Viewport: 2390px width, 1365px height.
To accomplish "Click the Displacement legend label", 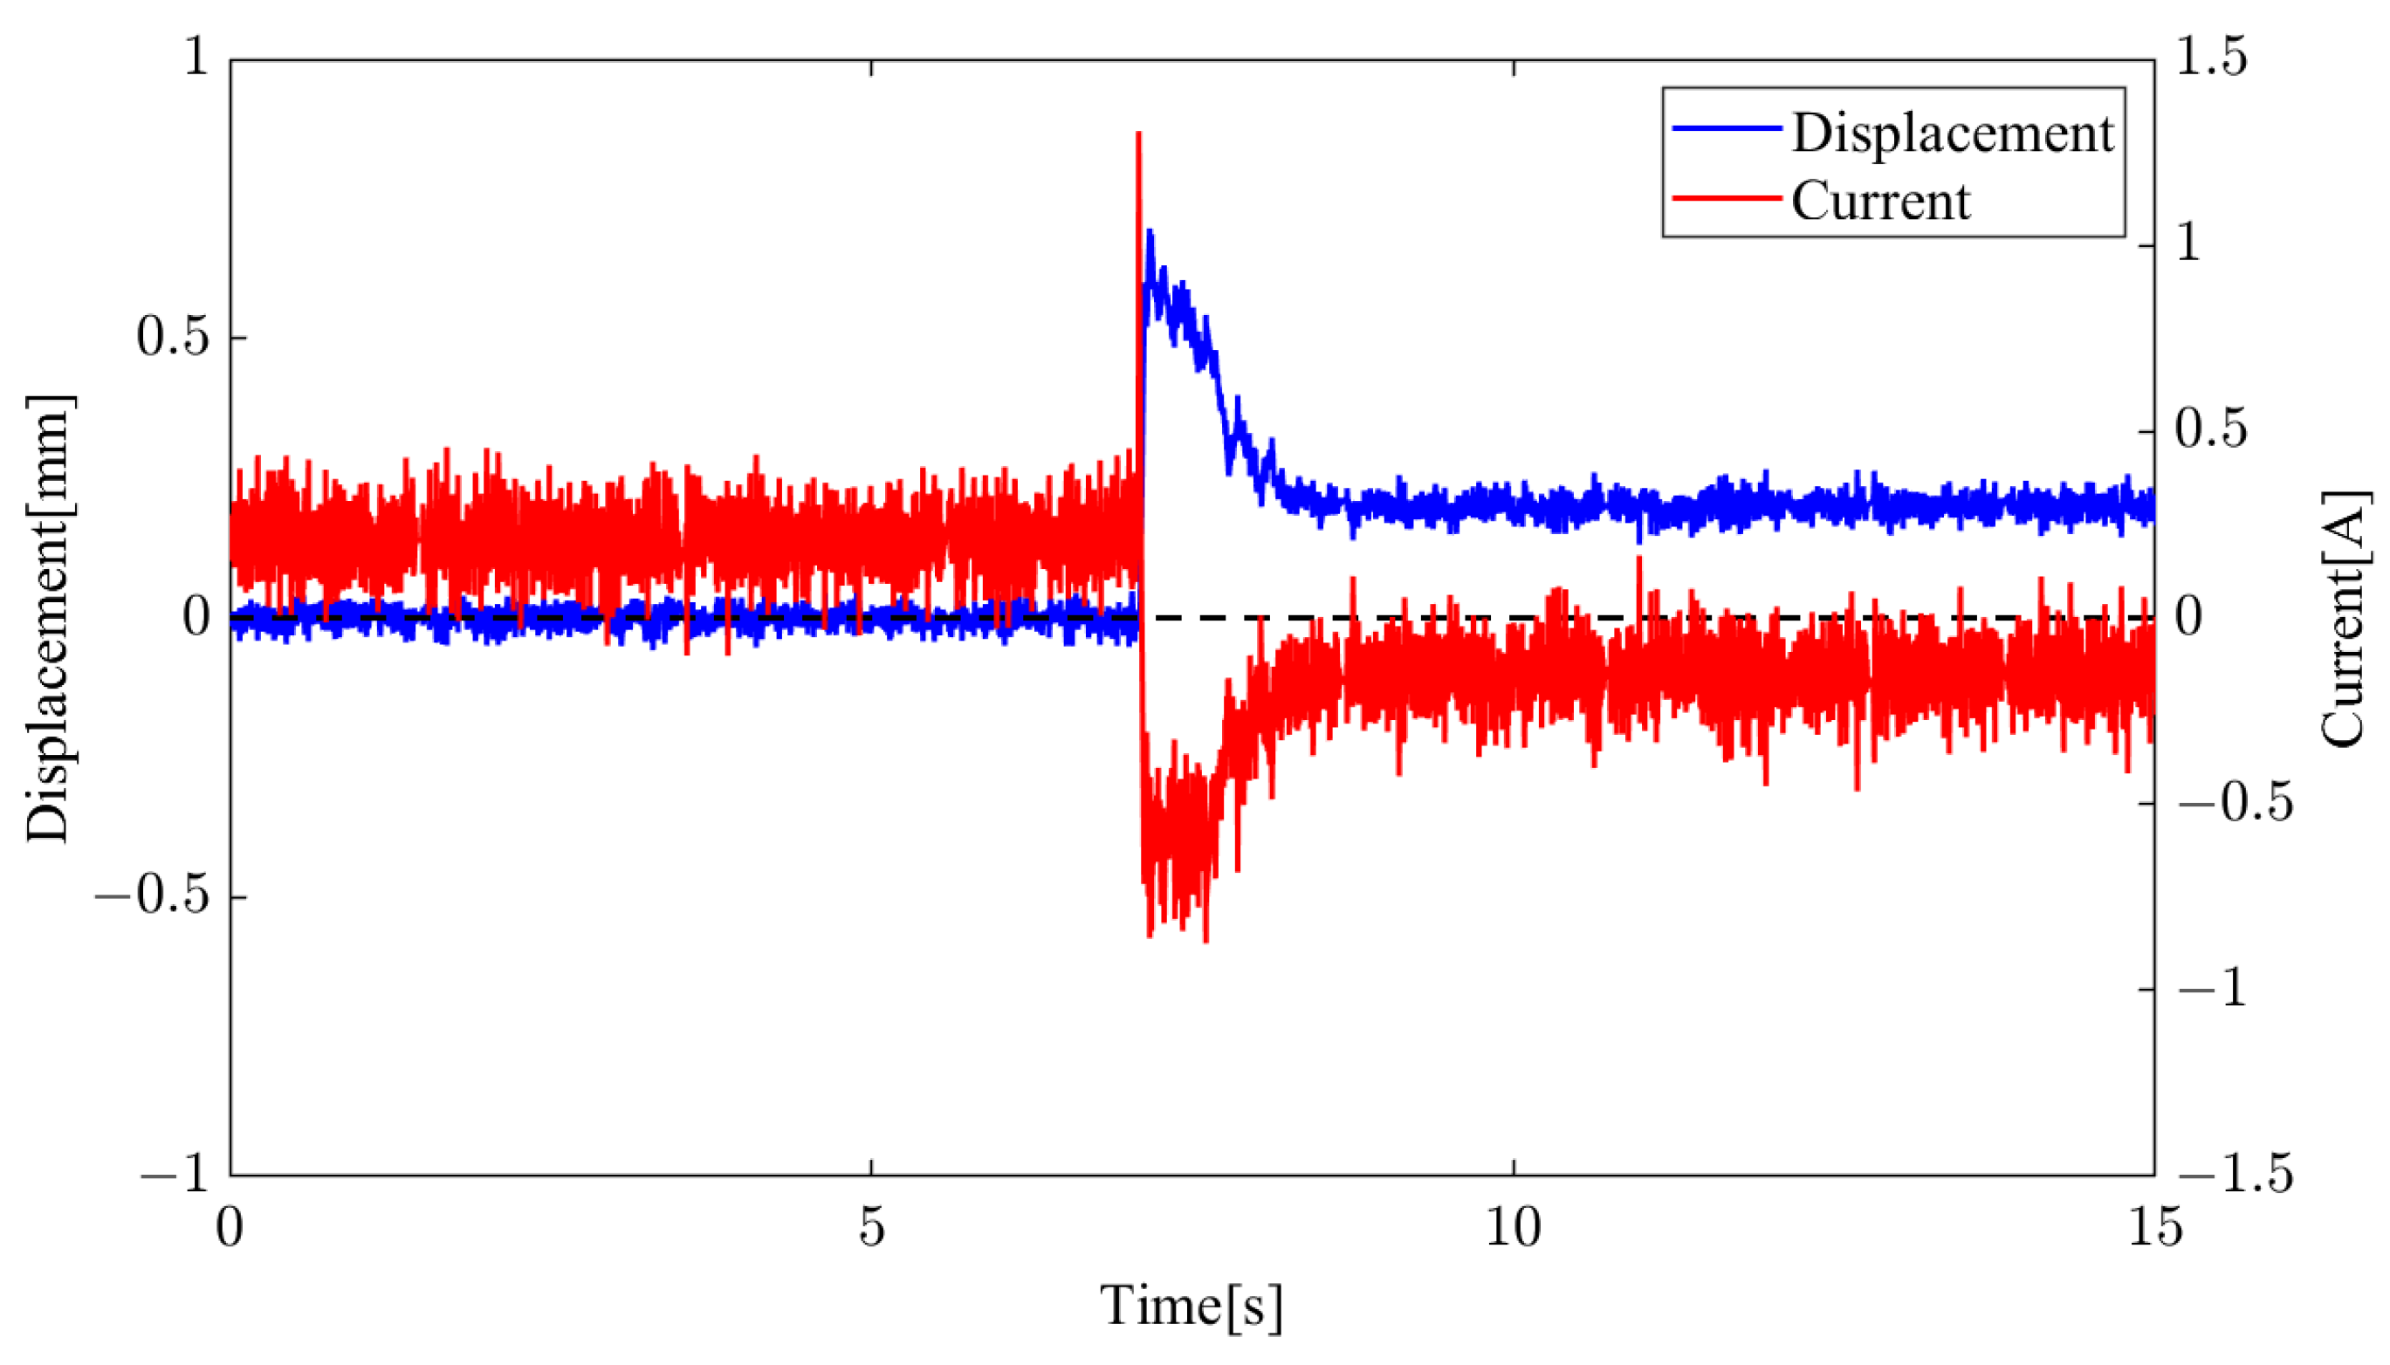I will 1952,134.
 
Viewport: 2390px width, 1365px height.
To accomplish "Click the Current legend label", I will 1880,201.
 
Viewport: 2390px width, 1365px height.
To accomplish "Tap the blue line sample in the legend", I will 1727,128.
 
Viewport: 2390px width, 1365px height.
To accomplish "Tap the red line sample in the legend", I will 1727,198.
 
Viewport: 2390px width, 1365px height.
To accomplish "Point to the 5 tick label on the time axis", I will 871,1226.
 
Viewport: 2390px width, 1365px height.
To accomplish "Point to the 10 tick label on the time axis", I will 1514,1226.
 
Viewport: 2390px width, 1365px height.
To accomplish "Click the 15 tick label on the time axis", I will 2154,1226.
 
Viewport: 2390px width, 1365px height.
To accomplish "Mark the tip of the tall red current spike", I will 1138,134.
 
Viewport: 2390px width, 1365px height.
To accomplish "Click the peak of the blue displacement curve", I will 1150,230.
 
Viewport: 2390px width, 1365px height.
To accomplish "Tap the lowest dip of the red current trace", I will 1205,940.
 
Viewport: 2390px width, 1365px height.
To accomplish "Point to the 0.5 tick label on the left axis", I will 172,337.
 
